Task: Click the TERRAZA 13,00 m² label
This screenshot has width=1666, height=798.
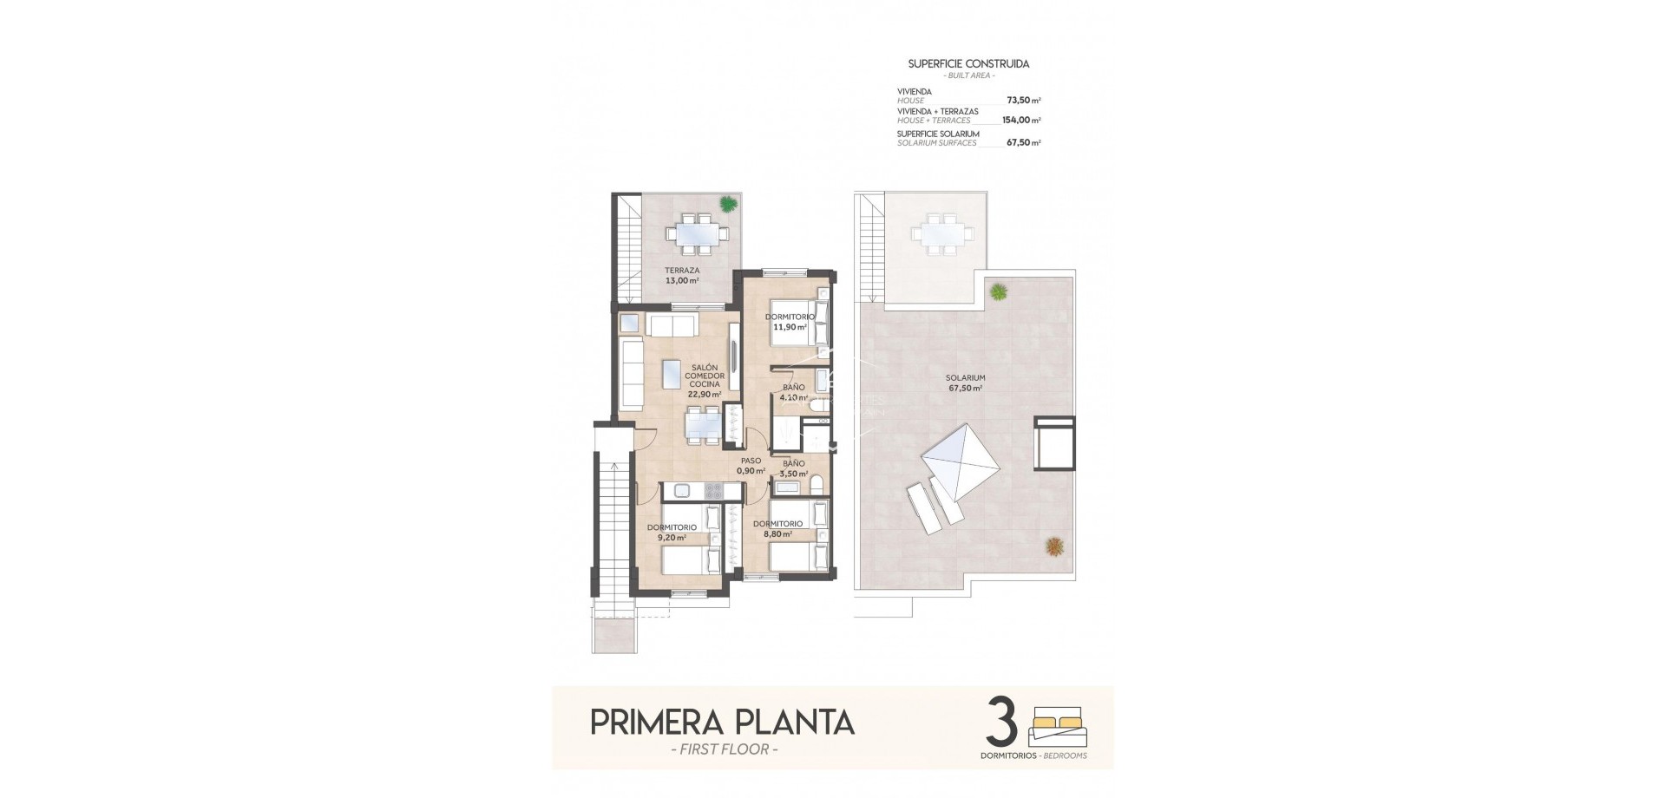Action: coord(682,276)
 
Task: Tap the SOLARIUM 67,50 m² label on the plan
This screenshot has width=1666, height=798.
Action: coord(965,383)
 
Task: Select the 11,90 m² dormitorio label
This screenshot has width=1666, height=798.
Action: coord(790,322)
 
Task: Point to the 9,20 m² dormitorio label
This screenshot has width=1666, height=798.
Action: coord(672,532)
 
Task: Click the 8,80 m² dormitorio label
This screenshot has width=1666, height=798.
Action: coord(777,529)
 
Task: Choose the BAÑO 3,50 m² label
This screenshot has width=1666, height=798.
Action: coord(793,468)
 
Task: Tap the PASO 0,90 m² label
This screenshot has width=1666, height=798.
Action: coord(751,466)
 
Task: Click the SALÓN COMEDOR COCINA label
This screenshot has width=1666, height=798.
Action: coord(705,380)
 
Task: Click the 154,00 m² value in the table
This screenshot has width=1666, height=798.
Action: coord(1020,121)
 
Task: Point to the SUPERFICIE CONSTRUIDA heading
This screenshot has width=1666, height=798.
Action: coord(967,64)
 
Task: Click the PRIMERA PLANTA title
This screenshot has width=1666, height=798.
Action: coord(722,722)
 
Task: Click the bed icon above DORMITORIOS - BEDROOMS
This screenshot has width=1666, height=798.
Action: coord(1058,727)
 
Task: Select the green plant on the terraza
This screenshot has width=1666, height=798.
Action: coord(727,205)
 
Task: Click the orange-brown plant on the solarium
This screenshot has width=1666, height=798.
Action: coord(1055,546)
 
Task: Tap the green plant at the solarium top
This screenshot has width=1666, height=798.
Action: coord(1000,291)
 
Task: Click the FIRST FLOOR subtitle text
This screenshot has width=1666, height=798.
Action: coord(720,749)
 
